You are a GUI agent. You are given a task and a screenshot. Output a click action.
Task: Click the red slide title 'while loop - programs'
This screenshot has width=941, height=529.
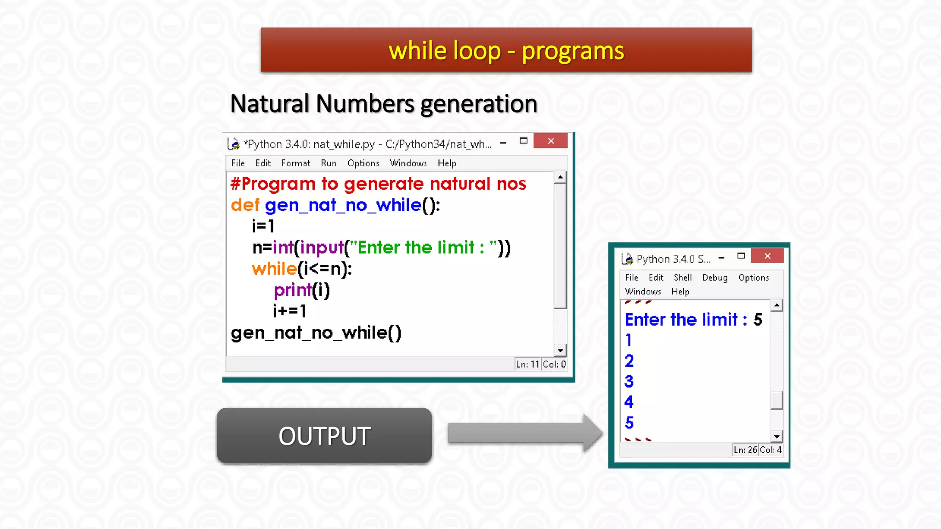pos(506,51)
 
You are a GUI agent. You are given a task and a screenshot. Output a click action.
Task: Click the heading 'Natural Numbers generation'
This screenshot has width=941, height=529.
pos(384,104)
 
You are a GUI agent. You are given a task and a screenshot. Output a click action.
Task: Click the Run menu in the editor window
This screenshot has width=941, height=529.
pos(329,163)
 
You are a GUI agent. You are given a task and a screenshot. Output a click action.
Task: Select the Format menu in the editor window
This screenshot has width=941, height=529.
pos(295,163)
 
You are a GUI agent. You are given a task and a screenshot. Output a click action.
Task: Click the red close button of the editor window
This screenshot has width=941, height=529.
pos(550,141)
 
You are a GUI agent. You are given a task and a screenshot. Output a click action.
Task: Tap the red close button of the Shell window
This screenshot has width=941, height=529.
pos(767,256)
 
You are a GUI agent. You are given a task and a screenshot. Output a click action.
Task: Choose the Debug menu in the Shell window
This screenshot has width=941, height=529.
pos(714,277)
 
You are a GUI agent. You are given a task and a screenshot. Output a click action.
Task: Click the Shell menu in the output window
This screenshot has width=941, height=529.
pos(682,277)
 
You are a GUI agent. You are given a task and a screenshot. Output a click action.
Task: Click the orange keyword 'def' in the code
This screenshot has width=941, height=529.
pos(245,205)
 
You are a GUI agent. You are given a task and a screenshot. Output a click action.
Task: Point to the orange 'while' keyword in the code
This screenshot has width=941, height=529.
pos(274,269)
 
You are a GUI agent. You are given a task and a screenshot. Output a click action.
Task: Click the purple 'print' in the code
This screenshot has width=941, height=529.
pos(293,290)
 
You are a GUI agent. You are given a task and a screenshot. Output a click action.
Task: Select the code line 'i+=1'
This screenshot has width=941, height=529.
pos(289,311)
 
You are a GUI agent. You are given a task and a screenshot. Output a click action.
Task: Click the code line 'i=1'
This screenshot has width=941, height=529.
pos(263,226)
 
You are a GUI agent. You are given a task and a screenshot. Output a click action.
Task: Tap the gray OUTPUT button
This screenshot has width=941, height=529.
pos(324,435)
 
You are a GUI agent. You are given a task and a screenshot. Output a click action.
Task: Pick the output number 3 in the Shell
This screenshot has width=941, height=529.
pos(629,381)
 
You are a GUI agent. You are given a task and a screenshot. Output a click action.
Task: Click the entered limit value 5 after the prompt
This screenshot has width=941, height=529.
pos(758,320)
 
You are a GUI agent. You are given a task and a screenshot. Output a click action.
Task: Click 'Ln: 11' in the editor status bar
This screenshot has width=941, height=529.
pos(527,364)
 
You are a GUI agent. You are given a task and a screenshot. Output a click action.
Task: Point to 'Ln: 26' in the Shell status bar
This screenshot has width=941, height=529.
pos(745,450)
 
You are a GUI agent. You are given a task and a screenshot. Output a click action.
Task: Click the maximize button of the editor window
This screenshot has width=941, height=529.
pos(523,141)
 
